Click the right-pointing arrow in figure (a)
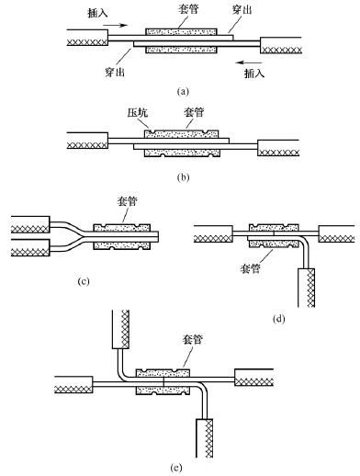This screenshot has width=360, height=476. click(115, 25)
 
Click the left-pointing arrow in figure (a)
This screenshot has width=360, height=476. click(249, 62)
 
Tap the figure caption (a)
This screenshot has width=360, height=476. click(183, 91)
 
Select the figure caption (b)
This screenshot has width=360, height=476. click(183, 177)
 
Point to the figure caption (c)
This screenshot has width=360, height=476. click(84, 281)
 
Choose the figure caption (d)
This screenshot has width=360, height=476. click(278, 319)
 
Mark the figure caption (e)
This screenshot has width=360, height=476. click(176, 468)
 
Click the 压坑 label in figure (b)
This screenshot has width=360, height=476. click(138, 112)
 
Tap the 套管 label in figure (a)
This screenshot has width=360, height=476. click(188, 9)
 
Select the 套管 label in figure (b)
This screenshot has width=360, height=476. click(194, 112)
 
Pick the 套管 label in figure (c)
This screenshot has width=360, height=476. click(128, 201)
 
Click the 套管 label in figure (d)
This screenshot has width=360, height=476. click(251, 268)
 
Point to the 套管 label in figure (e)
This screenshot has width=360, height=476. click(193, 339)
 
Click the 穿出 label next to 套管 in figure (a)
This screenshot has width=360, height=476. click(242, 10)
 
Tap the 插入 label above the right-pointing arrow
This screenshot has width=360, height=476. click(97, 12)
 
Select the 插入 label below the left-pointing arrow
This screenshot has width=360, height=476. click(254, 73)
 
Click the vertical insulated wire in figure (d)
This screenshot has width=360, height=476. click(306, 288)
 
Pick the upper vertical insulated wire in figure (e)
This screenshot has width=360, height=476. click(120, 329)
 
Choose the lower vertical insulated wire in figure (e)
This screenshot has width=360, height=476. click(205, 438)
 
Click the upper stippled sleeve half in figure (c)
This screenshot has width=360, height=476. click(122, 228)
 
